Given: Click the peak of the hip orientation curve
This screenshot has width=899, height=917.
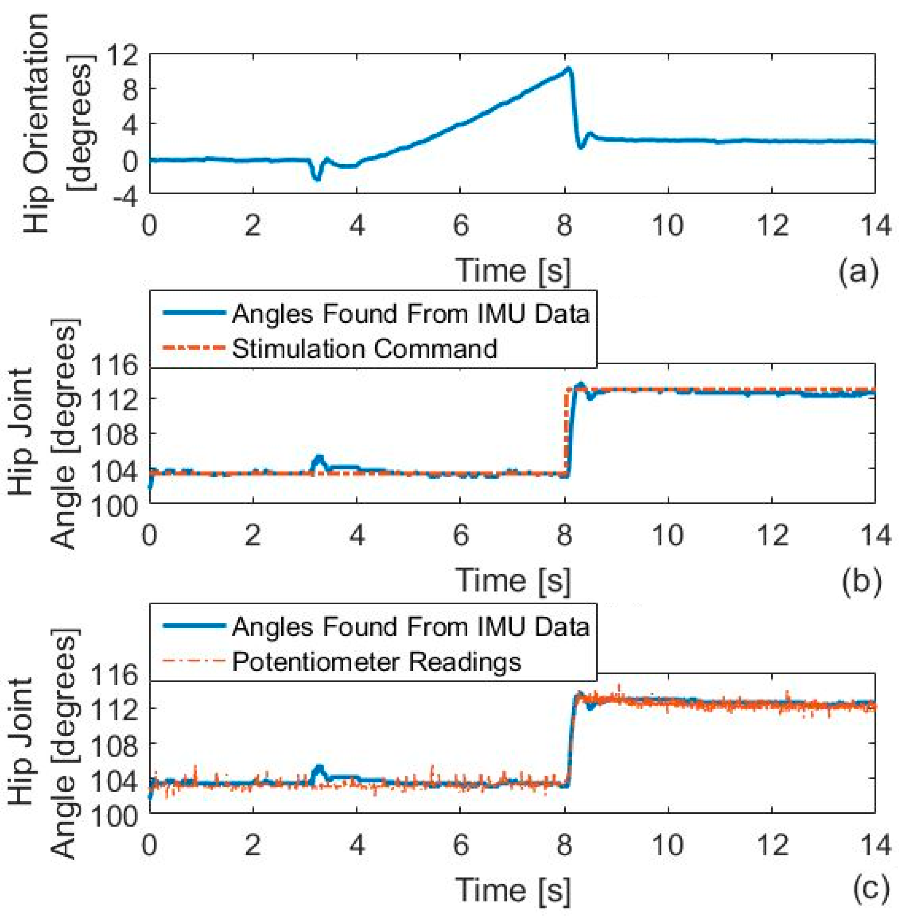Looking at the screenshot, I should pyautogui.click(x=568, y=69).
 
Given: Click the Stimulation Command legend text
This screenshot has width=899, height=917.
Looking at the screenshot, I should pyautogui.click(x=365, y=348).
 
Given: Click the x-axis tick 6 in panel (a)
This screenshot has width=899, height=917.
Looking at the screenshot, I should pyautogui.click(x=460, y=226).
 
